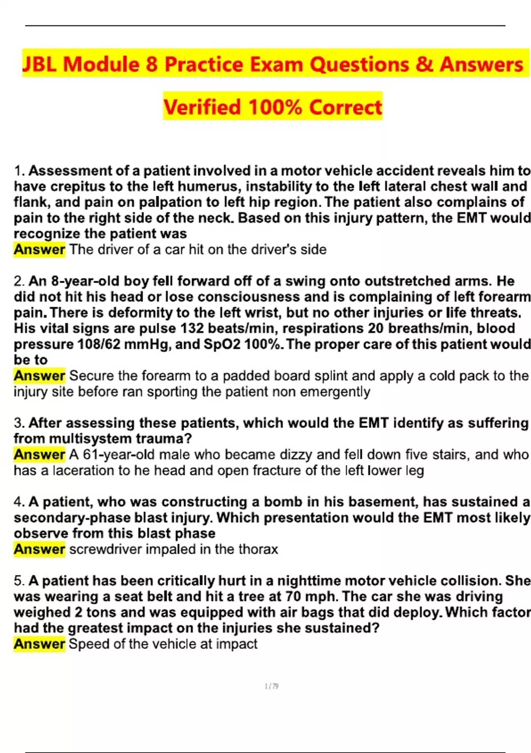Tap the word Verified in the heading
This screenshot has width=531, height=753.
tap(202, 107)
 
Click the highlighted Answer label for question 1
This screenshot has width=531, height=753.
tap(39, 249)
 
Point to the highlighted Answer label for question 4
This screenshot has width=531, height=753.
tap(39, 549)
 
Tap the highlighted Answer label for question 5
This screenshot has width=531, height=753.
tap(39, 644)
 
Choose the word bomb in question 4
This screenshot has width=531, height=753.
tap(283, 502)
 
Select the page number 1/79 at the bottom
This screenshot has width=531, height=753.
tap(271, 687)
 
